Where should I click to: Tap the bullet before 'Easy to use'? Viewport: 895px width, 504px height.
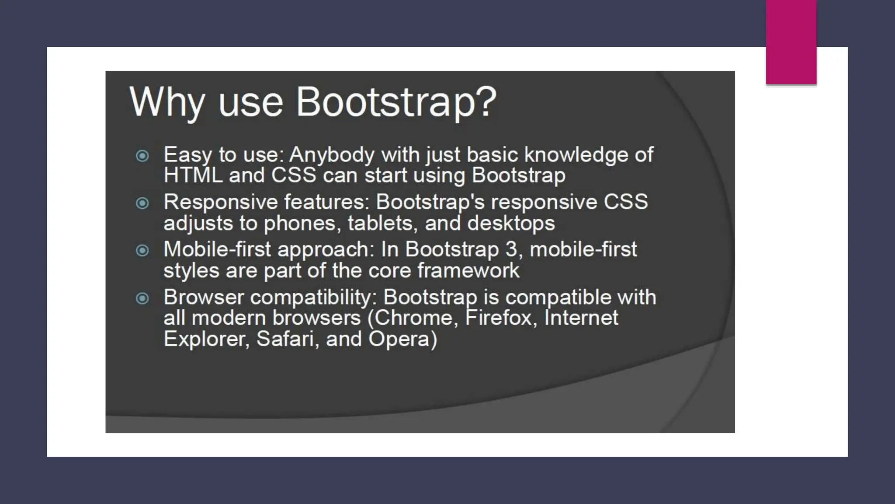(x=142, y=156)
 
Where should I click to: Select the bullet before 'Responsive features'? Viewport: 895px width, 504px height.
(x=142, y=203)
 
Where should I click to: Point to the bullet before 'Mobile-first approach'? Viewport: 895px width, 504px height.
(x=142, y=250)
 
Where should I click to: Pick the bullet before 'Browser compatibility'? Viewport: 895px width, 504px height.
(x=142, y=298)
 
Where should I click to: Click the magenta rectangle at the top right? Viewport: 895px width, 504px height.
(x=791, y=42)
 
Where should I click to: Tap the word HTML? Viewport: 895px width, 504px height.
(x=193, y=175)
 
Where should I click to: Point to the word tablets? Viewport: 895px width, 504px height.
(x=380, y=223)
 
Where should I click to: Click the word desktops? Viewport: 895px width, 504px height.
(x=511, y=224)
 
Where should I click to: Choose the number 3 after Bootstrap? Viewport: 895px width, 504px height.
(x=511, y=249)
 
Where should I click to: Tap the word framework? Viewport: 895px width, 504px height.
(x=468, y=270)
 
